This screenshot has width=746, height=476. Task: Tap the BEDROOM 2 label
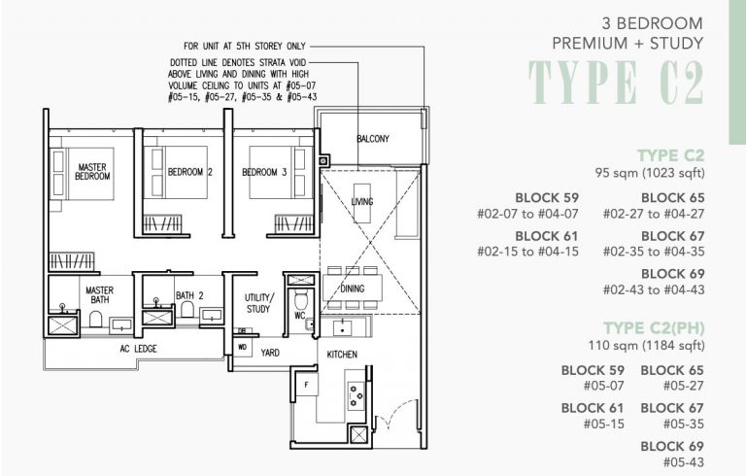tap(189, 172)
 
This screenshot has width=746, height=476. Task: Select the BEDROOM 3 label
tap(263, 172)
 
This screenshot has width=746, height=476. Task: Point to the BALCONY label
tap(372, 139)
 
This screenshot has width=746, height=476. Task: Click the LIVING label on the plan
tap(361, 201)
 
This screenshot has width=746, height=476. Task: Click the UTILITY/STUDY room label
tap(259, 302)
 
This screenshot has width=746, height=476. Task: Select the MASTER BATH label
tap(100, 295)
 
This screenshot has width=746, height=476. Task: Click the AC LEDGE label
tap(138, 348)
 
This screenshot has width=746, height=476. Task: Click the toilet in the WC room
tap(300, 298)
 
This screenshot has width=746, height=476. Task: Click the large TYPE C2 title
tap(616, 84)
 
